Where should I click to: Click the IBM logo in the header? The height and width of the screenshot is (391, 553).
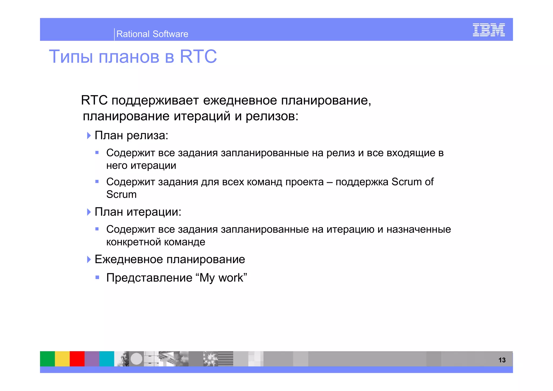click(488, 30)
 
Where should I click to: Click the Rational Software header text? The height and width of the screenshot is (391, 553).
click(152, 34)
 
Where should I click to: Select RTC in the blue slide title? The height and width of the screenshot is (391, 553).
click(198, 57)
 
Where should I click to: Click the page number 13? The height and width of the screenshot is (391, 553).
click(502, 360)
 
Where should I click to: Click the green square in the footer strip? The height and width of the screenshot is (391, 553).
click(47, 359)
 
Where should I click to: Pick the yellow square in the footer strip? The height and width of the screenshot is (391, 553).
click(62, 359)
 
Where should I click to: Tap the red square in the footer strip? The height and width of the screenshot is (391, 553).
click(77, 359)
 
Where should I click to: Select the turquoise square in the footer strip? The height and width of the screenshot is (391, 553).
click(107, 359)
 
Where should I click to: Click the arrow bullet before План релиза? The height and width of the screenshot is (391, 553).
click(89, 136)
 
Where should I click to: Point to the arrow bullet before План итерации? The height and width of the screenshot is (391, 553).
click(89, 212)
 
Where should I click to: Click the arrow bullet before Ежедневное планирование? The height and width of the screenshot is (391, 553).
click(89, 259)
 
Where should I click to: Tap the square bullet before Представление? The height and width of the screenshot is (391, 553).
click(97, 277)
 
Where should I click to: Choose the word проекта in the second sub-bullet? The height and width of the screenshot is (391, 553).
click(304, 182)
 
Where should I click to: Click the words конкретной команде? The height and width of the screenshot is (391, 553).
click(156, 242)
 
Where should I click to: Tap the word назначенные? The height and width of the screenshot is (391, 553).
click(419, 230)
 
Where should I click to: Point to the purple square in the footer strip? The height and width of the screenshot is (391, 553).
click(92, 359)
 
